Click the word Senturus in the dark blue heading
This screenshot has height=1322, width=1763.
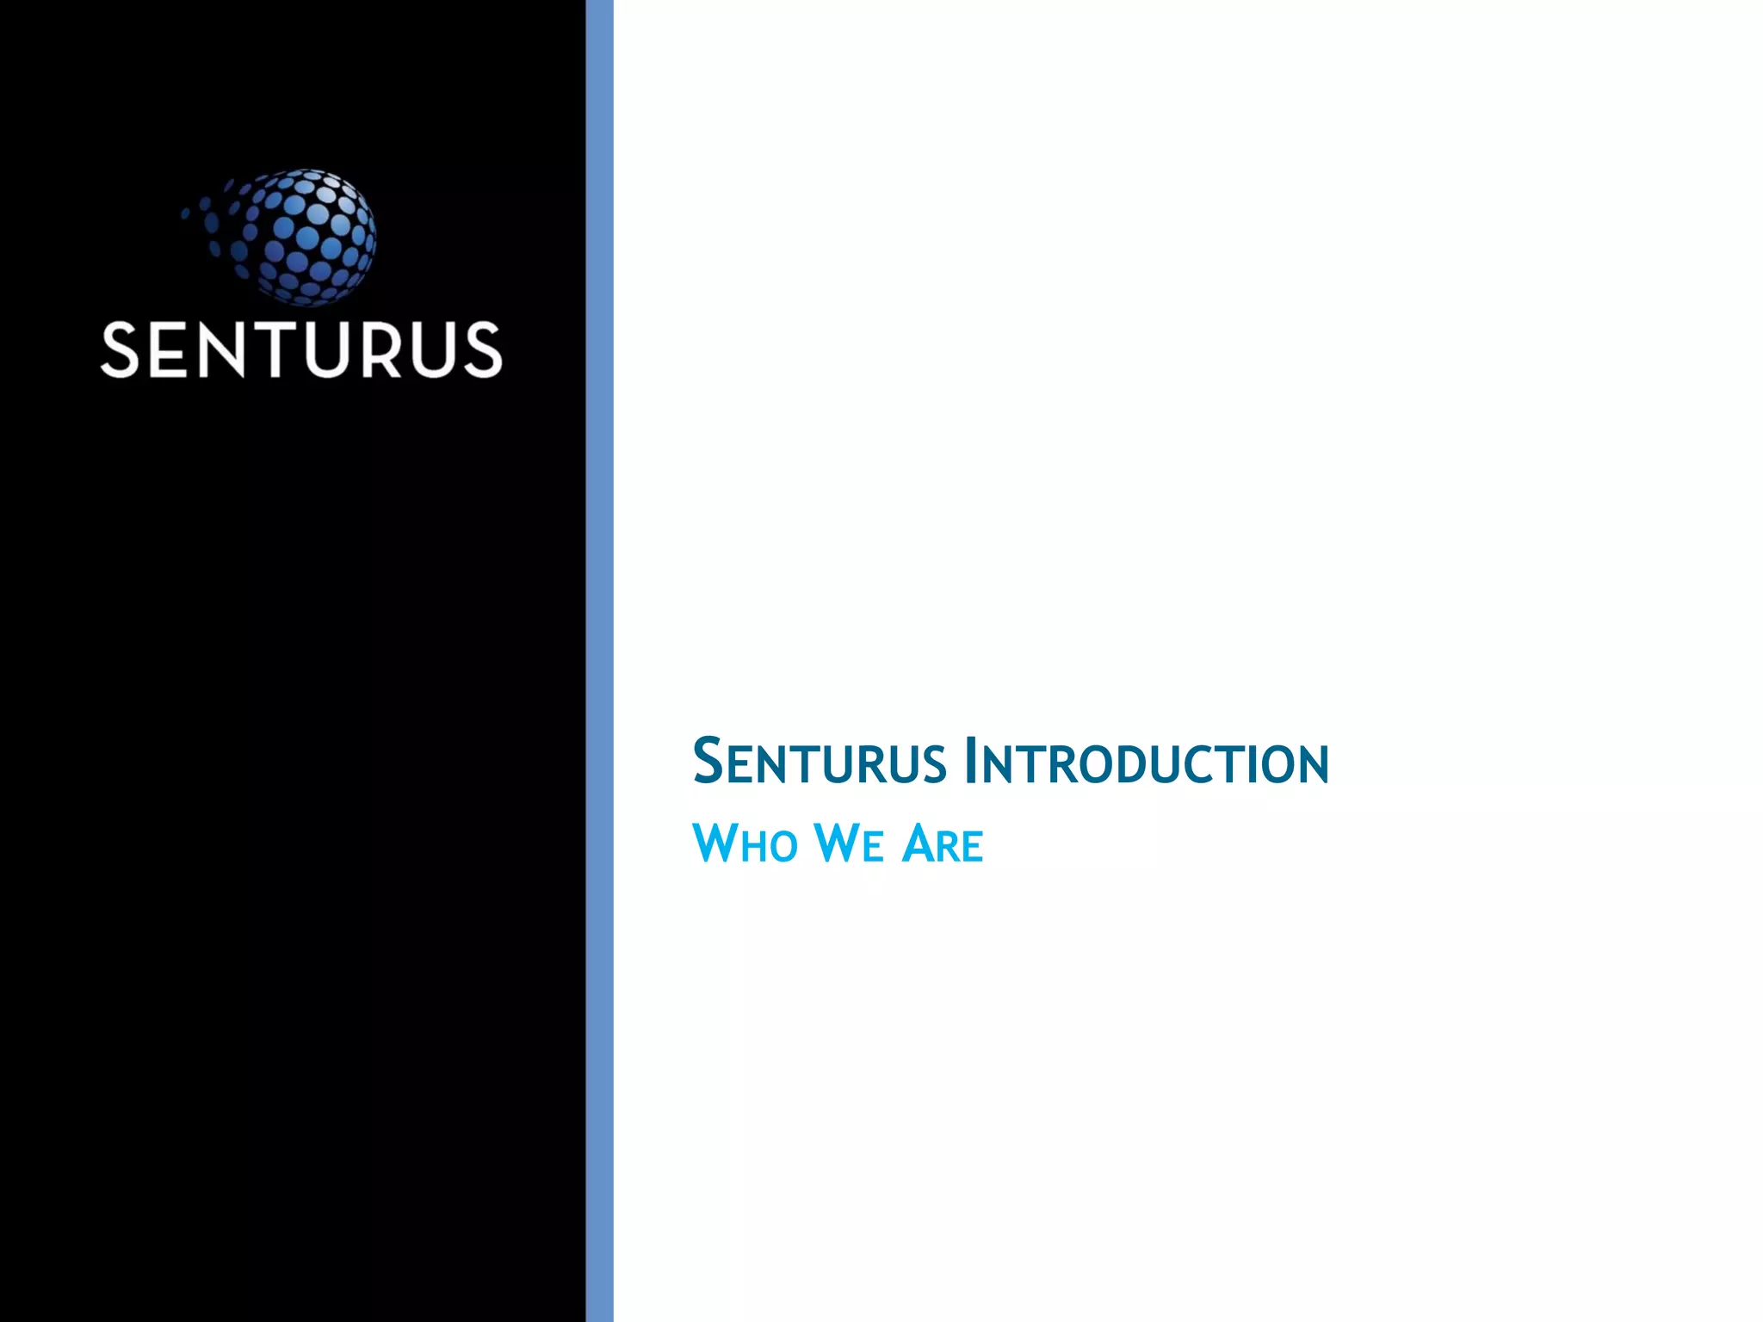(819, 762)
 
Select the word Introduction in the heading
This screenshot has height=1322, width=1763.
(1147, 762)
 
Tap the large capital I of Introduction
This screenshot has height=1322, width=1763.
(971, 762)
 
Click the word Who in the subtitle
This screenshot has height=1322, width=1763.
(745, 843)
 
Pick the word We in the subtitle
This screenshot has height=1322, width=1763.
(848, 843)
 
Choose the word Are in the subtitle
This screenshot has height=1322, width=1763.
(942, 843)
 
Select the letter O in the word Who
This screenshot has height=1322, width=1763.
(783, 846)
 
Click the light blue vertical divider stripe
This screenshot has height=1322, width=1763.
(599, 661)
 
